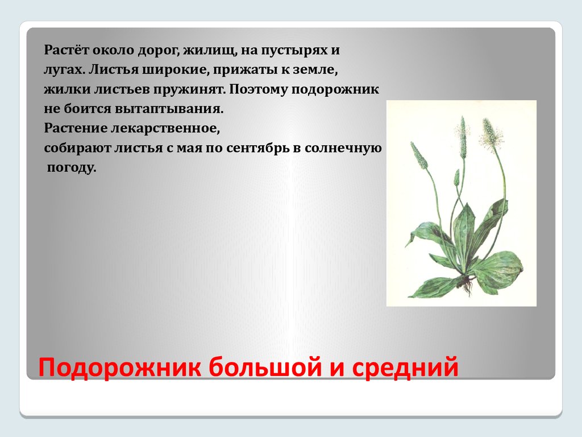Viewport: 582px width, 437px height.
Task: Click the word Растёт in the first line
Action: click(66, 50)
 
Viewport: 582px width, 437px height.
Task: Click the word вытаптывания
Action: click(169, 109)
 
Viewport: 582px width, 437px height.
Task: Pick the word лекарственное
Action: click(165, 128)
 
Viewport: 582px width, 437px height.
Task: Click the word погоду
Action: click(72, 168)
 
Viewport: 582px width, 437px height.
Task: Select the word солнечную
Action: click(343, 148)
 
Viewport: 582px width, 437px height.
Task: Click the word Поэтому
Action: click(258, 89)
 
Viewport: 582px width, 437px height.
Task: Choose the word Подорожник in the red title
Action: click(119, 367)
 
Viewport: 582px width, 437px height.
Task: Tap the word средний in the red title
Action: click(405, 367)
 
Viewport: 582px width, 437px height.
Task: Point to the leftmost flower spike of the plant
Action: click(419, 155)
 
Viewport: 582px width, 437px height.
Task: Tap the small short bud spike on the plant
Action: click(456, 178)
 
